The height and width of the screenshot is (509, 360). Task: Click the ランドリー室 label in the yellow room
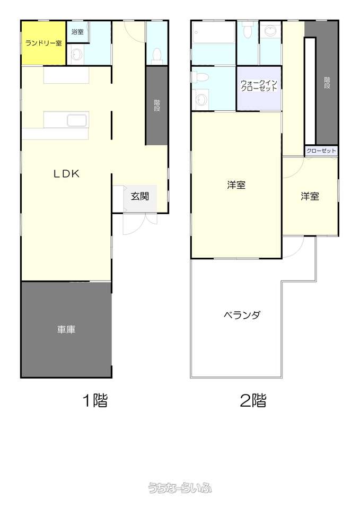click(x=43, y=43)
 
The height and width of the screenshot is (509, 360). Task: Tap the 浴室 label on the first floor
click(x=77, y=32)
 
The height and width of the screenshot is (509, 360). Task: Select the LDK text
click(x=66, y=174)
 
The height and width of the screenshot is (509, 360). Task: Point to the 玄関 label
click(x=140, y=196)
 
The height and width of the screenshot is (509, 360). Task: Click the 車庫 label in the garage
click(x=66, y=329)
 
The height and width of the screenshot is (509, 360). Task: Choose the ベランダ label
click(x=242, y=315)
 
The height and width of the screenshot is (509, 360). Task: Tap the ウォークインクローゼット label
click(x=259, y=86)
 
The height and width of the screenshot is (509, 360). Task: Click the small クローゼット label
click(x=321, y=151)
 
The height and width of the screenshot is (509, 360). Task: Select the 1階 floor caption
click(x=95, y=400)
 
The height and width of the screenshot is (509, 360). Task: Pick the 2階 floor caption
click(x=253, y=400)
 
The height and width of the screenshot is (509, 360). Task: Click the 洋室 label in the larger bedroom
click(x=236, y=185)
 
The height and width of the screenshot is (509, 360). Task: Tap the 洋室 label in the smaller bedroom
click(x=310, y=196)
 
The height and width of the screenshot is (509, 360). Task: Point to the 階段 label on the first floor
click(x=157, y=106)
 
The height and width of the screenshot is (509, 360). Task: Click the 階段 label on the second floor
click(x=327, y=83)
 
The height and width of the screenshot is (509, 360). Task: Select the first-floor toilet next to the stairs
click(x=157, y=55)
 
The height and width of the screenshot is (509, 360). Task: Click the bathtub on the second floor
click(x=213, y=32)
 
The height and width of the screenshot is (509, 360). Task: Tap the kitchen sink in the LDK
click(x=77, y=120)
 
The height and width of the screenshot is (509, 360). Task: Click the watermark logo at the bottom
click(x=180, y=488)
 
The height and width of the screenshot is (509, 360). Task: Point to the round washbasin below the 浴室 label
click(x=77, y=55)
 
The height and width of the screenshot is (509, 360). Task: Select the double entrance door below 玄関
click(x=140, y=223)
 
